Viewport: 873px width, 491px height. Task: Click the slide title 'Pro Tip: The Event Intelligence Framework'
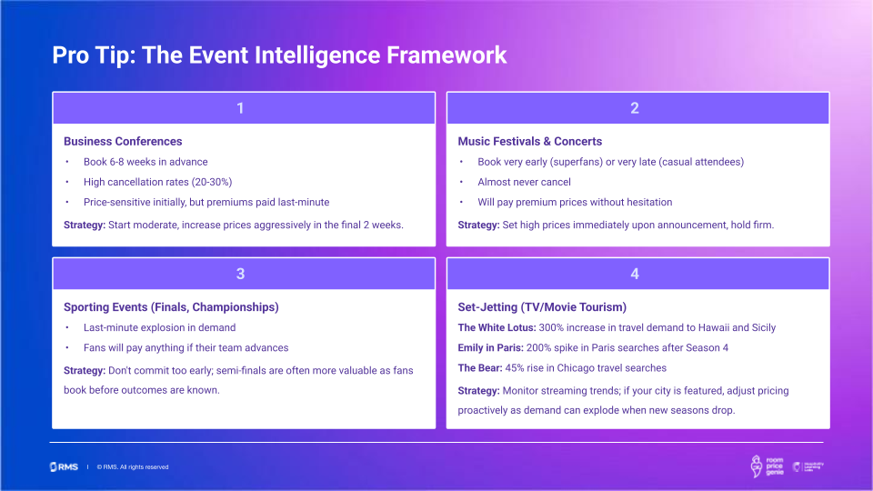click(x=279, y=55)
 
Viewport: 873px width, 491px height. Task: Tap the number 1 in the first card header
click(x=240, y=108)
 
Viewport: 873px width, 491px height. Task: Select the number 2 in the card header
click(x=635, y=108)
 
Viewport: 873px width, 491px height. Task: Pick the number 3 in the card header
click(x=240, y=274)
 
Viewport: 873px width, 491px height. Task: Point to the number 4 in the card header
click(x=635, y=274)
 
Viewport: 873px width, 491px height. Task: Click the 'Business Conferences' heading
click(x=123, y=142)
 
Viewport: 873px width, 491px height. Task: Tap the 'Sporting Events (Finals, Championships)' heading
click(x=171, y=307)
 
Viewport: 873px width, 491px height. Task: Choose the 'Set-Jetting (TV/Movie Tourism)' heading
click(x=542, y=307)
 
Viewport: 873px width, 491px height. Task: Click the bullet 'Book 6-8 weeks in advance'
click(x=145, y=162)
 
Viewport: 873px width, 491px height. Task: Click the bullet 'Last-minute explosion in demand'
click(x=159, y=327)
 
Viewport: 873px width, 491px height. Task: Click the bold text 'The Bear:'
click(x=482, y=368)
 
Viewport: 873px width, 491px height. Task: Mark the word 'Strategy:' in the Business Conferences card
click(x=85, y=225)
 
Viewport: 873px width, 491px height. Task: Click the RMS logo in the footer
click(x=64, y=466)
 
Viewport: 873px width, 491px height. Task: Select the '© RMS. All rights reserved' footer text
click(x=133, y=467)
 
